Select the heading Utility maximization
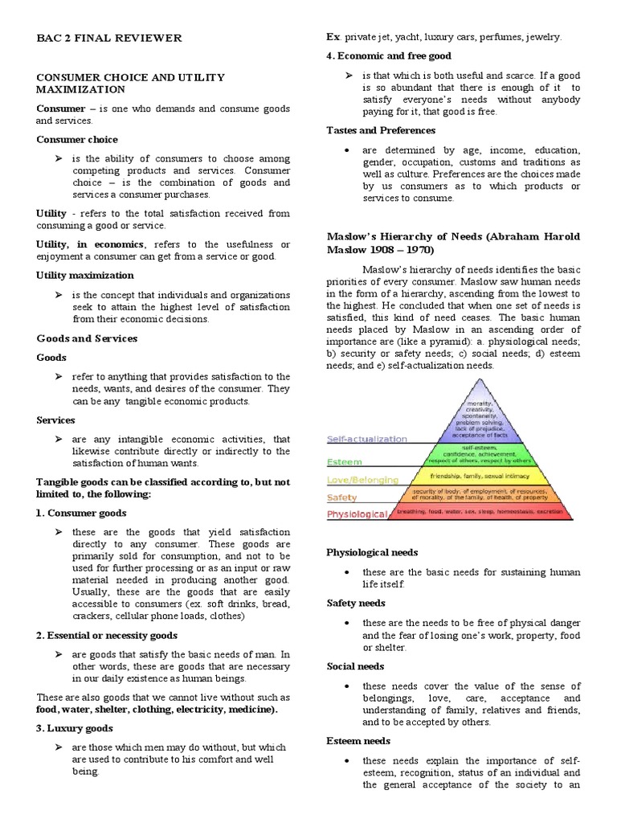point(85,275)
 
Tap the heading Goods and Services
point(87,338)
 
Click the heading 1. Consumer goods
point(81,513)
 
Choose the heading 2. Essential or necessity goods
point(107,635)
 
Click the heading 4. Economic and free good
point(389,56)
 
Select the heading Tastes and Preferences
point(381,130)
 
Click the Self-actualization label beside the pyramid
point(367,440)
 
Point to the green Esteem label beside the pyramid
point(345,462)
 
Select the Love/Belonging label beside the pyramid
point(362,480)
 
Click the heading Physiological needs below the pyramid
point(372,553)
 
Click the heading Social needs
point(355,666)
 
